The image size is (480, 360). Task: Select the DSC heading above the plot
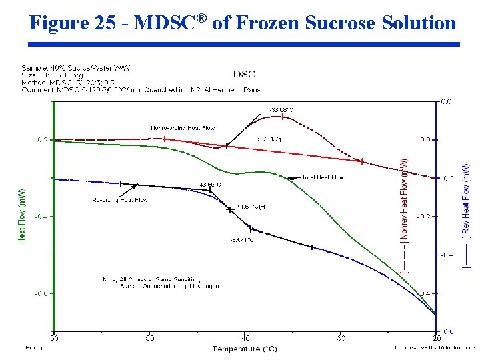click(244, 74)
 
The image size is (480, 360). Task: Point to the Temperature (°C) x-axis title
click(245, 349)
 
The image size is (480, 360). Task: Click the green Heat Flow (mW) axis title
click(21, 215)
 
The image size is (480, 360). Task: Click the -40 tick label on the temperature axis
click(244, 338)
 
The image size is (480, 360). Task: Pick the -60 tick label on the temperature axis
click(53, 338)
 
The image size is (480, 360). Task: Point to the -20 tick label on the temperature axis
click(435, 338)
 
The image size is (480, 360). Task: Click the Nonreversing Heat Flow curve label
click(183, 128)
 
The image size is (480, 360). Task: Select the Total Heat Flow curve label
click(323, 178)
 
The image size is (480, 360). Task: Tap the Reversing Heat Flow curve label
click(119, 200)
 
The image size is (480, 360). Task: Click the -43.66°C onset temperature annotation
click(209, 185)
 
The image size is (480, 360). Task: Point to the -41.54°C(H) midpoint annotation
click(251, 207)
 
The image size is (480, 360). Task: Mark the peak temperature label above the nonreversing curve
click(281, 109)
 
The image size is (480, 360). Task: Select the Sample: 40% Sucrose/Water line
click(63, 67)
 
